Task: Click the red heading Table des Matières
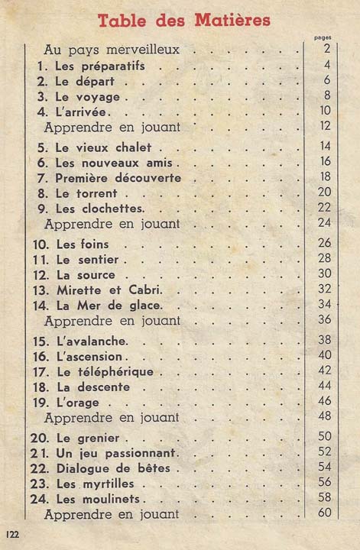coord(183,20)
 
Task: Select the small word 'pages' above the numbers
coord(323,37)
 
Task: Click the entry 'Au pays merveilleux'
coord(112,50)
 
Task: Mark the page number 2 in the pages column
coord(326,50)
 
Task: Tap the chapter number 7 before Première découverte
coord(42,177)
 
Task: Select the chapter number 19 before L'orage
coord(41,402)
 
